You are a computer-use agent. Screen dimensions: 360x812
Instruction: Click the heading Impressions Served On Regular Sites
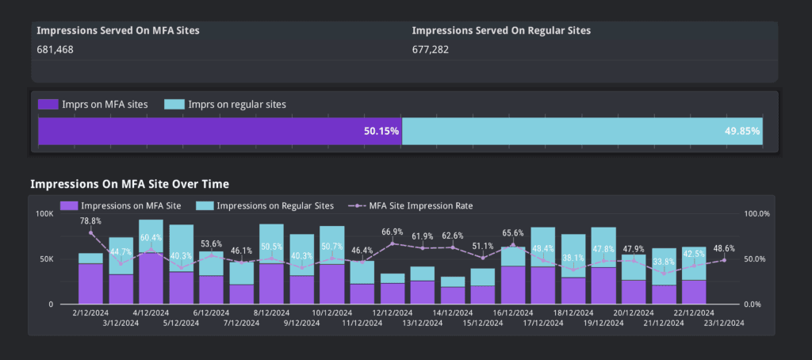click(501, 30)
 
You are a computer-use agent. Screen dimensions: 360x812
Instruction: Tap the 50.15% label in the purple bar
click(381, 131)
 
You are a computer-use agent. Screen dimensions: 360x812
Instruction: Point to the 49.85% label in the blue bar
click(742, 131)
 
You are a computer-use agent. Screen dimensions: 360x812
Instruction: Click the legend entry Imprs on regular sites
click(225, 104)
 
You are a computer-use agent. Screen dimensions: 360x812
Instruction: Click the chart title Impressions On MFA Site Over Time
click(129, 184)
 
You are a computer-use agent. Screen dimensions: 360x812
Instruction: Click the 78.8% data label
click(90, 221)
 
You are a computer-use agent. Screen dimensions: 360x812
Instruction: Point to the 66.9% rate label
click(392, 232)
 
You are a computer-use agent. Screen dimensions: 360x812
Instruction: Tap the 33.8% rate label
click(663, 262)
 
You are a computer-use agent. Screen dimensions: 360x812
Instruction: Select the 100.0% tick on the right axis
click(759, 214)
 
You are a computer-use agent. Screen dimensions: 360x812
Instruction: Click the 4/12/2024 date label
click(151, 313)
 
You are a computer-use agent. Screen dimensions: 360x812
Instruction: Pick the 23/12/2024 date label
click(723, 323)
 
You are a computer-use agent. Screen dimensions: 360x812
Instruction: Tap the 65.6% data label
click(512, 233)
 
